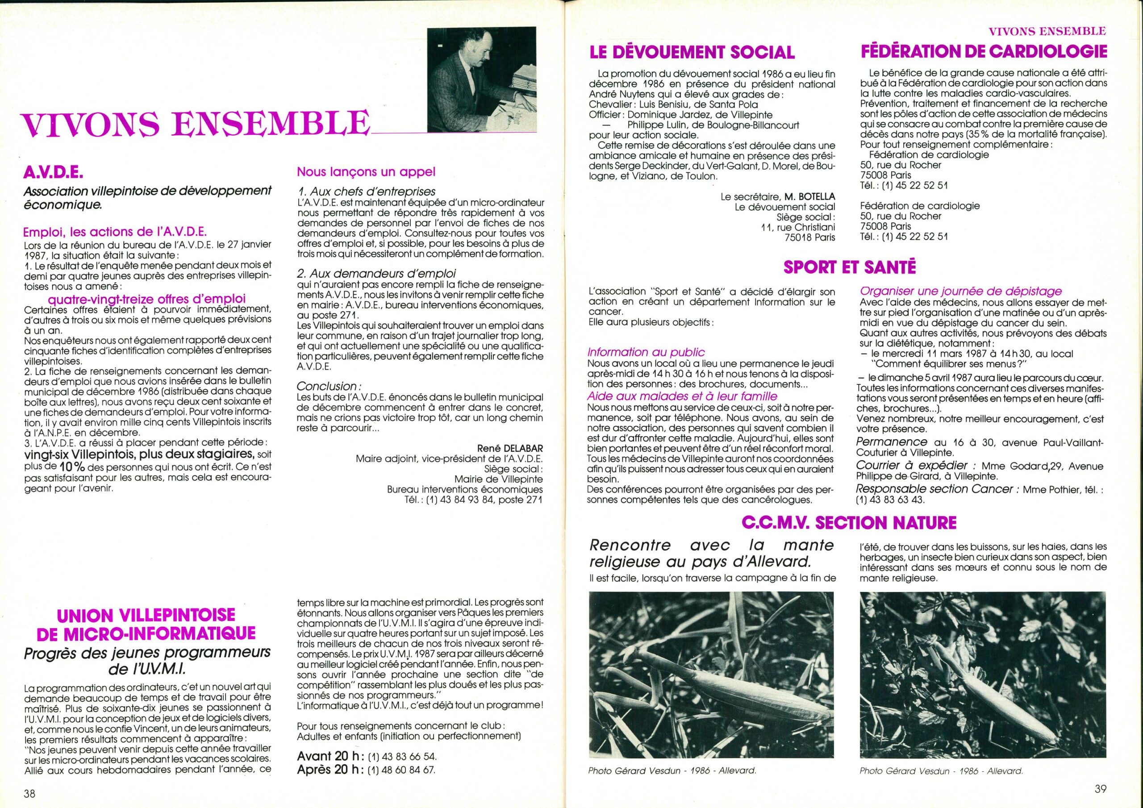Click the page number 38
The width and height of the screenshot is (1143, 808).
(x=29, y=793)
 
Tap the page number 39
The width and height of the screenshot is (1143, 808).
(x=1100, y=789)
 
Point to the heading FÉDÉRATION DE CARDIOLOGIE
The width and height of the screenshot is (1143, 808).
(x=984, y=51)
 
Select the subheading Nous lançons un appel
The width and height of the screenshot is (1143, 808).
(x=366, y=172)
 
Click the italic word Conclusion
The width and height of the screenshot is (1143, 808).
(x=326, y=386)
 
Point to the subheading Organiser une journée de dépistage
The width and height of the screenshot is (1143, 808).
(x=961, y=291)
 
